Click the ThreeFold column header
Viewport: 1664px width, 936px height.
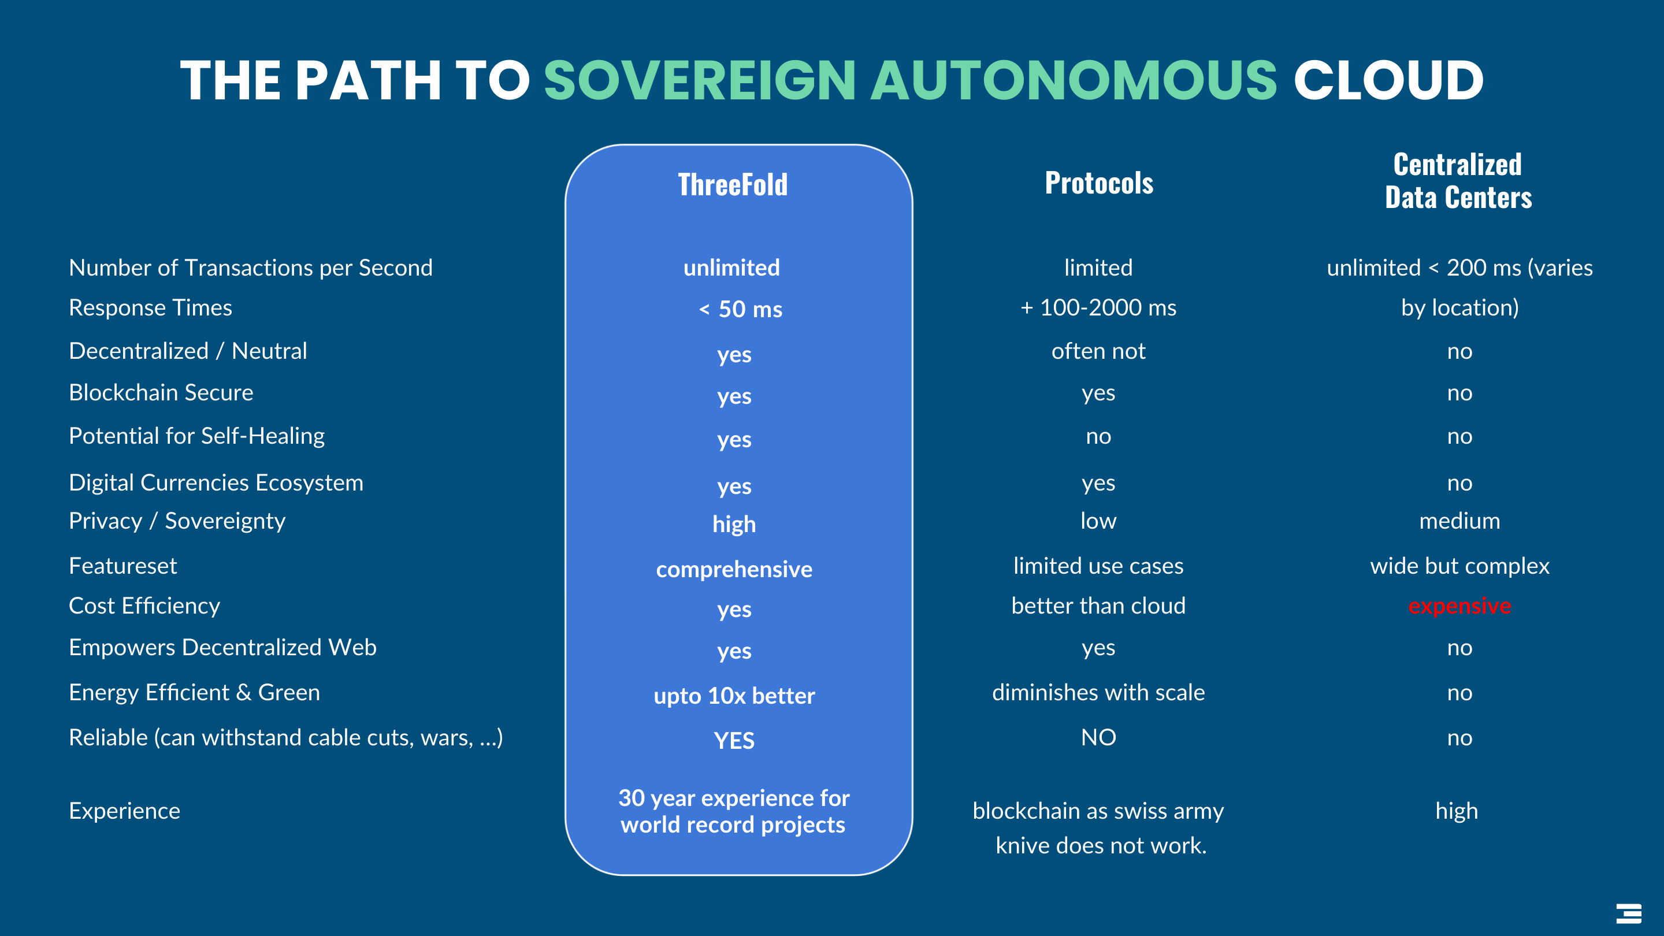pos(733,184)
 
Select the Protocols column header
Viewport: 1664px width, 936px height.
pos(1099,183)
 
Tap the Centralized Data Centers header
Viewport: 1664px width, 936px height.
pos(1458,180)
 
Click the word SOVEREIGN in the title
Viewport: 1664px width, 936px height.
pos(700,80)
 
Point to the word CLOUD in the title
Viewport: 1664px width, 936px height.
pos(1388,80)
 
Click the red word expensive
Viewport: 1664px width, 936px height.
pos(1459,606)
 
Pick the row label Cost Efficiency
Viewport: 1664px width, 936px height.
pos(144,606)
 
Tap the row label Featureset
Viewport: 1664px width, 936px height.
pos(122,566)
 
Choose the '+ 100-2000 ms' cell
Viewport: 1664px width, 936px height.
pos(1098,307)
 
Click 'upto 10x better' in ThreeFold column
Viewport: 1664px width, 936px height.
pos(734,696)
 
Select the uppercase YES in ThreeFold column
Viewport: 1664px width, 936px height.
pos(734,740)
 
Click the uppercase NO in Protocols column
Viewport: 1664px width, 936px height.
pos(1098,737)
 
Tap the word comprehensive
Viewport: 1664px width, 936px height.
pos(734,569)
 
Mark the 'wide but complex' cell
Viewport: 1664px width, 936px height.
pos(1459,566)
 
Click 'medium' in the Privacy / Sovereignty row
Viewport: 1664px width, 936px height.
pos(1459,521)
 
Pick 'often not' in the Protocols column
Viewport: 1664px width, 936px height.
pos(1098,351)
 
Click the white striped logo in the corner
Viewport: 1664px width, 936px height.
pos(1629,913)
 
